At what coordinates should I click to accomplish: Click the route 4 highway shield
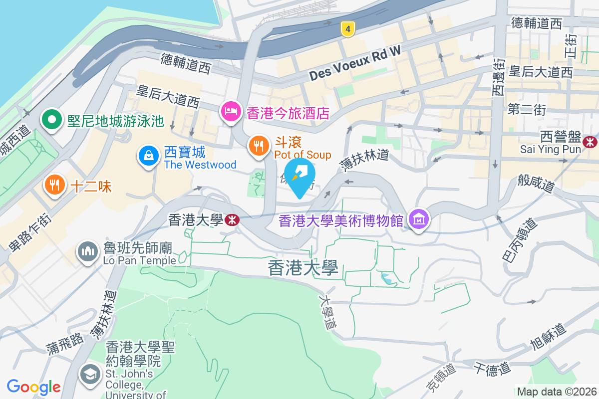click(x=348, y=29)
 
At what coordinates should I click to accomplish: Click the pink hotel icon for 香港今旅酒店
click(x=230, y=111)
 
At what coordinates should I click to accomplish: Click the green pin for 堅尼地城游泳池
click(x=51, y=120)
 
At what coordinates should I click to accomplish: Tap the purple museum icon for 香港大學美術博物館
click(x=418, y=219)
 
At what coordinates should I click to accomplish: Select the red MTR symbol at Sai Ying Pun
click(x=591, y=142)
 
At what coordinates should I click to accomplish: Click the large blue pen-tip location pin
click(x=299, y=176)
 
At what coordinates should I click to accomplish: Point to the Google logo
click(x=33, y=387)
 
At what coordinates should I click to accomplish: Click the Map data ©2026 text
click(x=556, y=392)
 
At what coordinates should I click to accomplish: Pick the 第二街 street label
click(x=527, y=110)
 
